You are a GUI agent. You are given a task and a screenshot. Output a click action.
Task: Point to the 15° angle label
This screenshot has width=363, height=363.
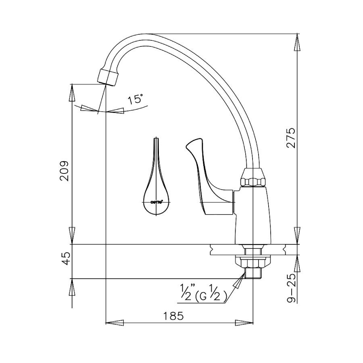coord(135,100)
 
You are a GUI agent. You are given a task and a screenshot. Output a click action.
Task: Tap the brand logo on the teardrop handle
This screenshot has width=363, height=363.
coord(156,201)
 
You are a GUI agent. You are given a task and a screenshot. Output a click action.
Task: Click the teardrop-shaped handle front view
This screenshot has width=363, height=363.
coord(156,186)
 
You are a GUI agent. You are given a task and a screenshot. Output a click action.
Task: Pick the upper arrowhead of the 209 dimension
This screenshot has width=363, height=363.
coord(72,93)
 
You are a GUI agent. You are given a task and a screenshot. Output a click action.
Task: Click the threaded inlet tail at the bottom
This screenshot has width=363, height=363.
coord(253,274)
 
